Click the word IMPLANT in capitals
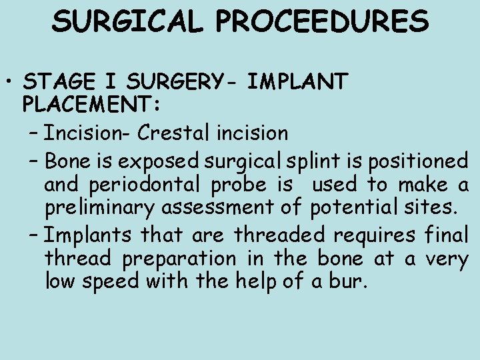pos(297,83)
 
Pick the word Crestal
pos(175,133)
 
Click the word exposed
pos(169,162)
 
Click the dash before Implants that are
pos(34,236)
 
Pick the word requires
pos(381,235)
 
